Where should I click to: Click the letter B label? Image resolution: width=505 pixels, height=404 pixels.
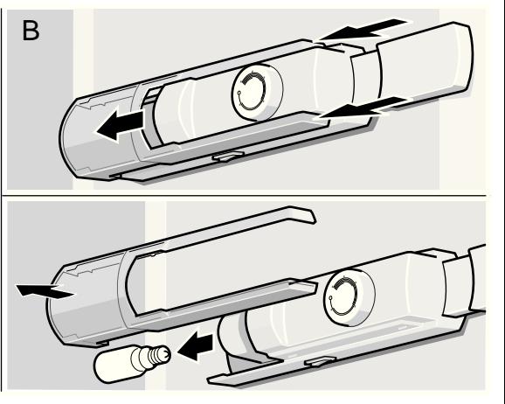[x=31, y=31]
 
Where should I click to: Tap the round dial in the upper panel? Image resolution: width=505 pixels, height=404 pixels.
[x=257, y=92]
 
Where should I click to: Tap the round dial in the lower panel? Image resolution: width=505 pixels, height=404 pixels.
[x=349, y=297]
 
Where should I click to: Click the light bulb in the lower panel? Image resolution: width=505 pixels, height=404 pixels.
[x=132, y=363]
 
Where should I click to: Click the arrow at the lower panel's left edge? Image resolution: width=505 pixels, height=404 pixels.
[x=45, y=291]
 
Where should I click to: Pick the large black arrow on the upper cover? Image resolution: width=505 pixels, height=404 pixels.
[x=120, y=125]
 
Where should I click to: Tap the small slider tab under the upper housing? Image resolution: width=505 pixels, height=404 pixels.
[x=226, y=156]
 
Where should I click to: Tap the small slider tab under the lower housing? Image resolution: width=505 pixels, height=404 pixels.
[x=320, y=361]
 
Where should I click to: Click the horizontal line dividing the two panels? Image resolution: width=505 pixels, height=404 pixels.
[x=244, y=195]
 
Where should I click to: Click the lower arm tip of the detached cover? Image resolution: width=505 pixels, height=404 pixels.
[x=303, y=286]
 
